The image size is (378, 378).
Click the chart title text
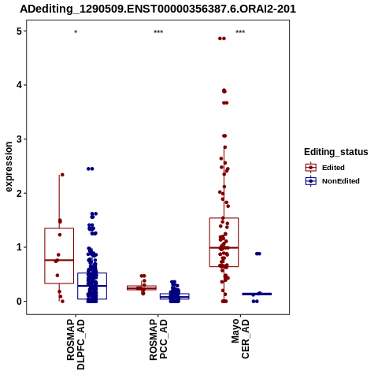(157, 9)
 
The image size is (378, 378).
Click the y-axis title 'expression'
(9, 167)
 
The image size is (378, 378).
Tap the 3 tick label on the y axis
(20, 139)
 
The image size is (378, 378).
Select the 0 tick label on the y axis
(20, 302)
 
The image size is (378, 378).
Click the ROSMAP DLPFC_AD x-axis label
(76, 344)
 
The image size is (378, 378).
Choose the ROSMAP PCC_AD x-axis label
(158, 339)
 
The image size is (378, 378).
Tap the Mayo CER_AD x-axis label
(240, 339)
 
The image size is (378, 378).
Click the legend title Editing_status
(336, 152)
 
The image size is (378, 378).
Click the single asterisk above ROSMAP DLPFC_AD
(76, 32)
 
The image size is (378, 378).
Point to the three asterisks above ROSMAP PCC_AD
(158, 32)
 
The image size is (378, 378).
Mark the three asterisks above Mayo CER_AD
(240, 32)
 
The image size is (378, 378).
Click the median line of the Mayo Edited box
(224, 247)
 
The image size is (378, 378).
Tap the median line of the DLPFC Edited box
(59, 260)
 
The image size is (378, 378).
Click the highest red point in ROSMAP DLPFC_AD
(62, 175)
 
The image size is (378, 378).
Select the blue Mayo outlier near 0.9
(258, 254)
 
